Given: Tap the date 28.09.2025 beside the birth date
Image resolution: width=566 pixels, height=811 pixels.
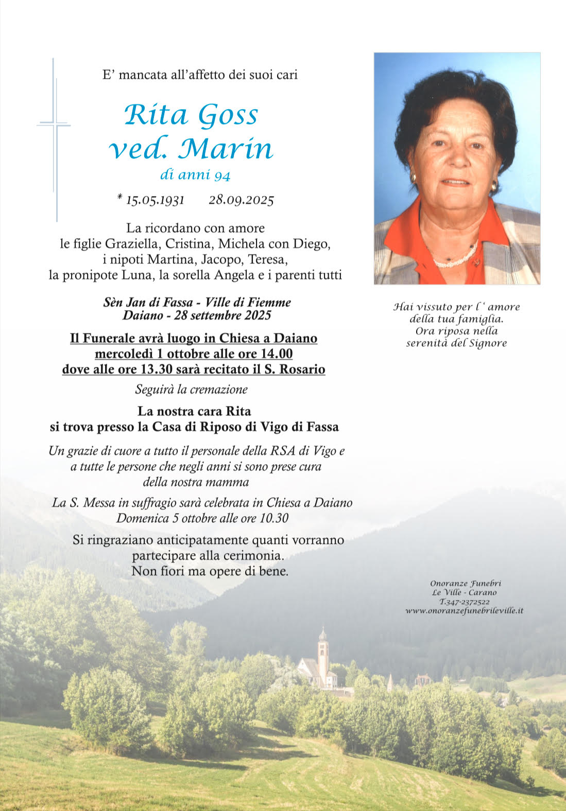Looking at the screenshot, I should coord(241,200).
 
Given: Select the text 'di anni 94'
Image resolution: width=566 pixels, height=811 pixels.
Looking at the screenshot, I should coord(195,175).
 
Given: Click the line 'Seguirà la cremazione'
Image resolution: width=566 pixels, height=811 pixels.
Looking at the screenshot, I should coord(191,390).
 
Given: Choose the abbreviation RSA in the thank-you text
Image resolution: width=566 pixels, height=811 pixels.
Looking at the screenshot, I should coord(283,451).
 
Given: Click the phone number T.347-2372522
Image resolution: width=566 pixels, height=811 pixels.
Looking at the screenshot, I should coord(464,602).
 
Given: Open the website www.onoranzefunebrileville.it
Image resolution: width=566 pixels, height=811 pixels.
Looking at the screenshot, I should coord(464,610).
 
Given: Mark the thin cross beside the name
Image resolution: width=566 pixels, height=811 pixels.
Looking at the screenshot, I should coord(55,139).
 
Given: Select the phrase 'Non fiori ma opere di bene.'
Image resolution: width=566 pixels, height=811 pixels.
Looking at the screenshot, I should coord(210,571).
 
